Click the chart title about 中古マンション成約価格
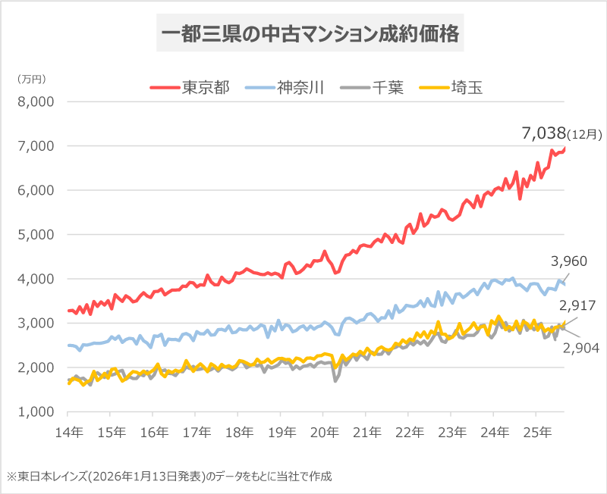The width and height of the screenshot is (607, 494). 309,34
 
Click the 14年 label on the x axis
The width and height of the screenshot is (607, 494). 68,428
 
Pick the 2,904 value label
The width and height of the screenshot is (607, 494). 580,348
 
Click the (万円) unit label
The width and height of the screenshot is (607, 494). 32,79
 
